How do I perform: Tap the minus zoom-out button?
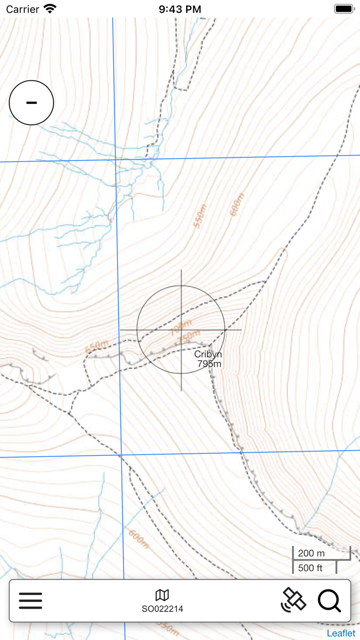click(31, 102)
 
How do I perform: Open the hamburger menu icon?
click(30, 600)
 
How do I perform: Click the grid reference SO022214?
click(163, 609)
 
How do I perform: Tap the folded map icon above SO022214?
click(163, 595)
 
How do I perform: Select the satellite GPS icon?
click(294, 600)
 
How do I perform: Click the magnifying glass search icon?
click(329, 600)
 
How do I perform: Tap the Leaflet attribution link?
click(341, 633)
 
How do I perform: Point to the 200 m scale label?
click(312, 554)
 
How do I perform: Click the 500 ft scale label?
click(310, 568)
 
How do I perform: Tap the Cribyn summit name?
click(208, 354)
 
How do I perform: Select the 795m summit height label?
click(209, 364)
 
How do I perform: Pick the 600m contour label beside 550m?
click(236, 205)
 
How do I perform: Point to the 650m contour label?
click(97, 348)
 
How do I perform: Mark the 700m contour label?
click(181, 326)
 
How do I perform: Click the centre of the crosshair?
click(181, 330)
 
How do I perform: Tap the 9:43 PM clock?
click(180, 9)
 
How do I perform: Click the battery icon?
click(344, 9)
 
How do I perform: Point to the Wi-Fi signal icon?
click(50, 9)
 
